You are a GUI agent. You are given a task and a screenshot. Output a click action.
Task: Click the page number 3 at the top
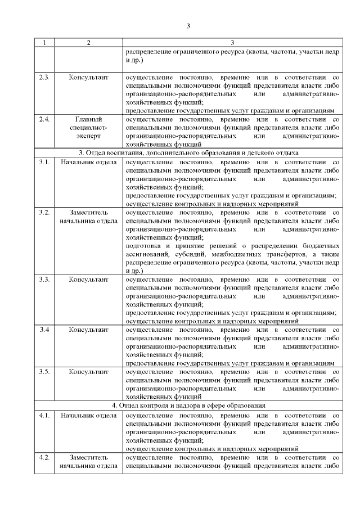(189, 25)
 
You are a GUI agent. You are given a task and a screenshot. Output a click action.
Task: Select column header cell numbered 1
(44, 42)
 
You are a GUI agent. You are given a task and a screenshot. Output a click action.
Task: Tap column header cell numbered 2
(88, 42)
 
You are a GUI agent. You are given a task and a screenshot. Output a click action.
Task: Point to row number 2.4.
(44, 119)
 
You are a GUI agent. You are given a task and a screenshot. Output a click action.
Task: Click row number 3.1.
(44, 162)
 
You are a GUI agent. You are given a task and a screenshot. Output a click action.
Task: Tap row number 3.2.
(44, 213)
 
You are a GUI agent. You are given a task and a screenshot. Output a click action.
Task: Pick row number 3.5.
(44, 372)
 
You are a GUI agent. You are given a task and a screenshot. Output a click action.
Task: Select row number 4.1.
(44, 415)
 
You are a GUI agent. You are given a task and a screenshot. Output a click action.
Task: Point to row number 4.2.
(44, 458)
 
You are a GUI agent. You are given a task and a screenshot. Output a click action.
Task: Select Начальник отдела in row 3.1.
(88, 162)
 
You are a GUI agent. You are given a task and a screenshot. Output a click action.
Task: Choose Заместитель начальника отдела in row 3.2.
(88, 217)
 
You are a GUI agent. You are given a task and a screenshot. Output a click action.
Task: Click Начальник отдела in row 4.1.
(88, 415)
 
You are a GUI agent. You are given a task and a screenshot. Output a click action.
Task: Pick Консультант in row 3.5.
(88, 372)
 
